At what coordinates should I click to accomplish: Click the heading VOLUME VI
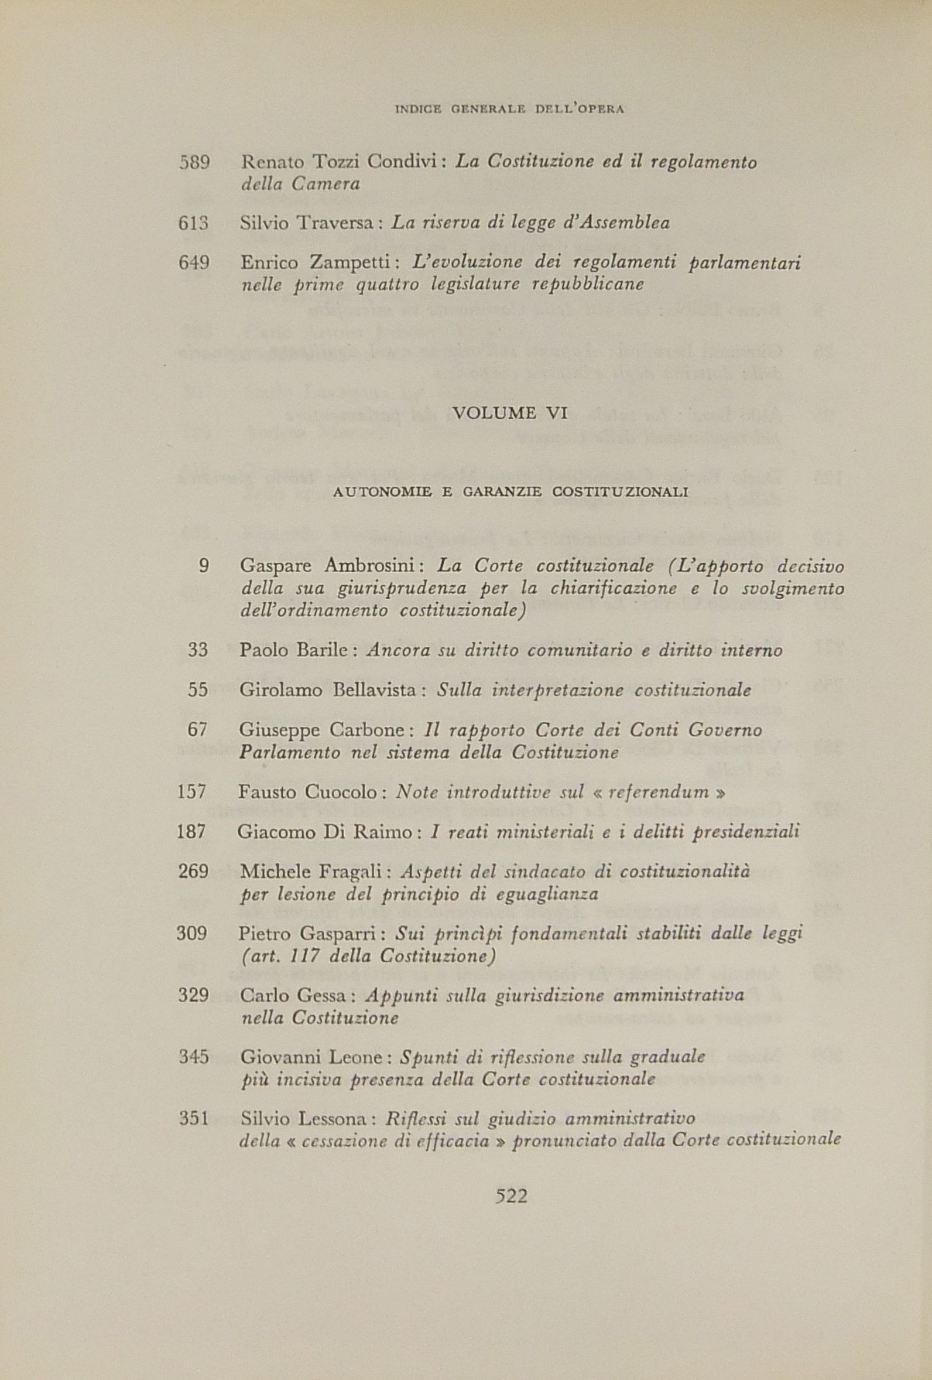pyautogui.click(x=510, y=413)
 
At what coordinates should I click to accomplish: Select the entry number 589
pyautogui.click(x=195, y=162)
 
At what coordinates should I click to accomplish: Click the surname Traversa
pyautogui.click(x=338, y=223)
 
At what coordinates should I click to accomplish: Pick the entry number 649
pyautogui.click(x=194, y=262)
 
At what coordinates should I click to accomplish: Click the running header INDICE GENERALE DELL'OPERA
pyautogui.click(x=510, y=110)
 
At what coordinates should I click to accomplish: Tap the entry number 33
pyautogui.click(x=198, y=650)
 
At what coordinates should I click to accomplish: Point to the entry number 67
pyautogui.click(x=197, y=730)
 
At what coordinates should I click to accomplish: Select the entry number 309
pyautogui.click(x=192, y=934)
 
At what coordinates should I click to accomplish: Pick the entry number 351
pyautogui.click(x=194, y=1119)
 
